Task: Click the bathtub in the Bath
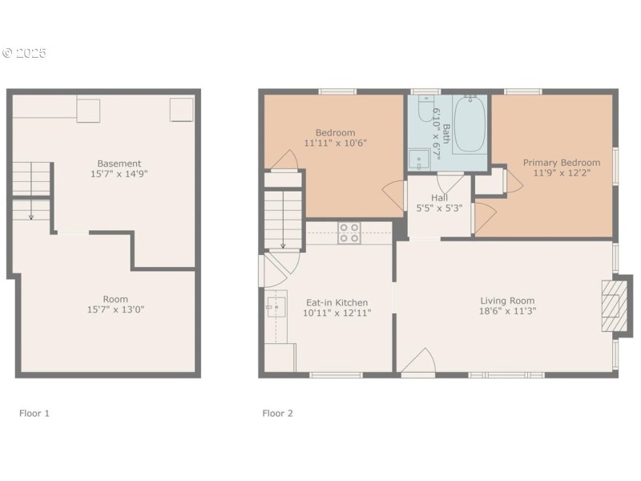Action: (470, 125)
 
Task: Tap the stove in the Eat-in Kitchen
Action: (349, 232)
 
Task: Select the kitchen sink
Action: (276, 306)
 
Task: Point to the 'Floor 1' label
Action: (34, 414)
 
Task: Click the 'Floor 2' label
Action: (278, 414)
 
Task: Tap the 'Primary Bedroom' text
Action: (562, 162)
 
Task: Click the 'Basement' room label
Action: (119, 164)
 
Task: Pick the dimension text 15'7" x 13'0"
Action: (115, 309)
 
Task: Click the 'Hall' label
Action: (439, 197)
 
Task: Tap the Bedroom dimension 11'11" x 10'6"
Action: (335, 143)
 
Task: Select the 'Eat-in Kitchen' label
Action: (337, 303)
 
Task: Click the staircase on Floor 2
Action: (283, 216)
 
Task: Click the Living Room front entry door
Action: (417, 365)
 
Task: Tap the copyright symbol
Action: (8, 53)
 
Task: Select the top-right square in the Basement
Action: (182, 109)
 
